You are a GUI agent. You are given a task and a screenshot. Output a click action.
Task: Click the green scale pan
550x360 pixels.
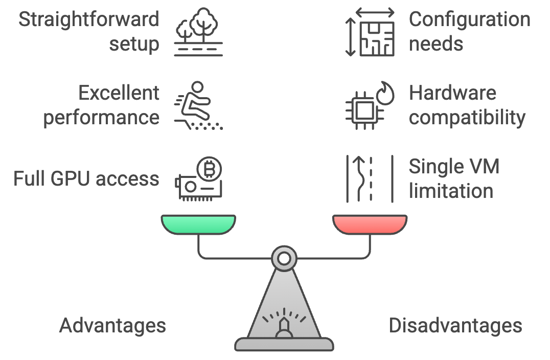[198, 224]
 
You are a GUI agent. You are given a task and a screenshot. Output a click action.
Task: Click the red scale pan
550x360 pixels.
[370, 224]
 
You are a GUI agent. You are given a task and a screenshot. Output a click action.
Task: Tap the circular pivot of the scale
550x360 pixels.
[284, 259]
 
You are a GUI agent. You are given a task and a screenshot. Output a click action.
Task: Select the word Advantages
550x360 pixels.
[112, 326]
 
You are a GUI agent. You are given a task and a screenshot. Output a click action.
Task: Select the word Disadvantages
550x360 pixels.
[455, 325]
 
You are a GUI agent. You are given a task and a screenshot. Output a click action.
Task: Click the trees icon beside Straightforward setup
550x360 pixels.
[198, 32]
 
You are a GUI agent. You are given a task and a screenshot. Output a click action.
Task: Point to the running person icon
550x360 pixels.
[198, 106]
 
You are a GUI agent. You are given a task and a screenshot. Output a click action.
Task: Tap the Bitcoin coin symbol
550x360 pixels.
[209, 169]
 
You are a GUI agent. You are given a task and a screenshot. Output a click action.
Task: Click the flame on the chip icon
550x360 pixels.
[385, 94]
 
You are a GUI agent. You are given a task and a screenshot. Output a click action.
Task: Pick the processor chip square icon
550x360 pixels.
[364, 111]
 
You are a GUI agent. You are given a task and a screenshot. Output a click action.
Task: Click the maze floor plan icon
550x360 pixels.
[377, 38]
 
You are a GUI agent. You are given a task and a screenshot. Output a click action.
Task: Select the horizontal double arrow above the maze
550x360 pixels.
[375, 13]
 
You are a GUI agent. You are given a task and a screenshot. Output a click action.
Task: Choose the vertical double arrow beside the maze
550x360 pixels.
[350, 37]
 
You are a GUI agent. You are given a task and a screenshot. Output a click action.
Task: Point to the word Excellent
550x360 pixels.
[119, 93]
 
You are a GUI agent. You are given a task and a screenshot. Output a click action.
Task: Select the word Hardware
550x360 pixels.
[452, 93]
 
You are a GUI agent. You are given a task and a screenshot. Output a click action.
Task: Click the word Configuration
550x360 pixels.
[470, 19]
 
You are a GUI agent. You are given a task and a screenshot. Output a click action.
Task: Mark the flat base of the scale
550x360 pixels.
[284, 344]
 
